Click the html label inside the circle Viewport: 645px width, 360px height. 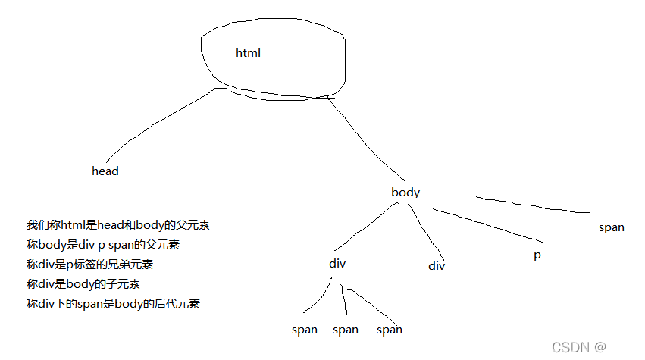point(248,53)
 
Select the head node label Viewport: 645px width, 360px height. point(105,171)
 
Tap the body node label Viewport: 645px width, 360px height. point(405,193)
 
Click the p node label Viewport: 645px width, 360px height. point(537,255)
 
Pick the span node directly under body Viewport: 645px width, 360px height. point(611,227)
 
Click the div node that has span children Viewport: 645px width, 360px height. point(337,264)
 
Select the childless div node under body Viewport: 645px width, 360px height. point(437,265)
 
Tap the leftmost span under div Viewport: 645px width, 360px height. point(305,330)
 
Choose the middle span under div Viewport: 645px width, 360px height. point(346,330)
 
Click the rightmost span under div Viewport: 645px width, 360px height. point(390,330)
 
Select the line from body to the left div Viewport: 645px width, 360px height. point(364,227)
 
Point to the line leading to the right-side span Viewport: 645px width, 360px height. point(531,205)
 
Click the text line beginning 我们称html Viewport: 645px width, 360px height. point(117,225)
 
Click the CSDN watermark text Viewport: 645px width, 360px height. point(578,347)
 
